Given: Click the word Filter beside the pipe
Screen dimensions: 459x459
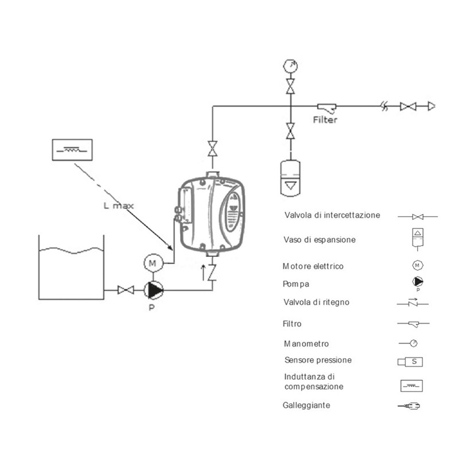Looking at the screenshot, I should [x=325, y=120].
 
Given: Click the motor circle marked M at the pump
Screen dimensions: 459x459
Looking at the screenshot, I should [x=153, y=263].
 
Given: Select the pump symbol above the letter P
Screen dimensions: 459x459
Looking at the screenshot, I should [x=154, y=290].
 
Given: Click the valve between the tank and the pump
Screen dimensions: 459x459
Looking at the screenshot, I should [x=122, y=290].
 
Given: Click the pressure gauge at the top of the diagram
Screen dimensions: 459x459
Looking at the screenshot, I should [x=291, y=65].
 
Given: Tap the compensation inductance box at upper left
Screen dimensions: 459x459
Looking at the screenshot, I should [x=72, y=149].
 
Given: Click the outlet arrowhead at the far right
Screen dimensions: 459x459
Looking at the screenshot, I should [x=431, y=106].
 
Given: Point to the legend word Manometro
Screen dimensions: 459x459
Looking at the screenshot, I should [x=306, y=344].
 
